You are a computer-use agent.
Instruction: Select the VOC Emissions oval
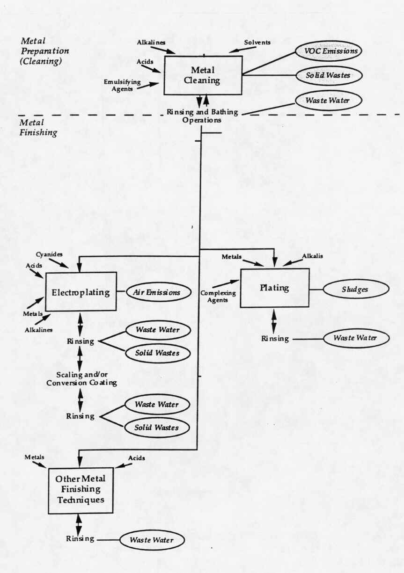click(328, 51)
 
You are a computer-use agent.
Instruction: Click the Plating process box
click(274, 288)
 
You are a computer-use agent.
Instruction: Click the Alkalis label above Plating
click(312, 256)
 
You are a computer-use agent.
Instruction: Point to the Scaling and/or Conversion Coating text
click(81, 378)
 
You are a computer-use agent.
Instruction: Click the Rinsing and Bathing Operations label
click(202, 116)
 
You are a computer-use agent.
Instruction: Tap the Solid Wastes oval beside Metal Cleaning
click(328, 75)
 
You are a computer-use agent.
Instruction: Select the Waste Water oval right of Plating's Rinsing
click(356, 338)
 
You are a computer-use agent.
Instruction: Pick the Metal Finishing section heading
click(38, 128)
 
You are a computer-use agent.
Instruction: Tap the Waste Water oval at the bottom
click(152, 540)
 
